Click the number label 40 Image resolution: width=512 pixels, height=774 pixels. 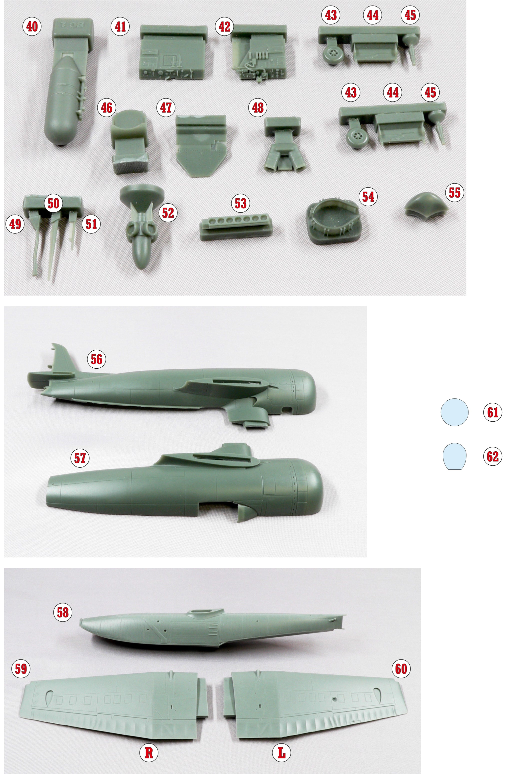[x=32, y=27]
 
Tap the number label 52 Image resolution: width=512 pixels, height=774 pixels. [x=168, y=213]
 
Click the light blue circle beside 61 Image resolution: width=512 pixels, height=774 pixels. [x=454, y=412]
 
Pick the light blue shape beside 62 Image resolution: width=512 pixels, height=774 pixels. [x=454, y=456]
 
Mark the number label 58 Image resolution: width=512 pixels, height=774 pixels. [x=63, y=612]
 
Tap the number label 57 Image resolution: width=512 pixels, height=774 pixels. [x=80, y=458]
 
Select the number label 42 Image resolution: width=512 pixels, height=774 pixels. [x=224, y=27]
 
